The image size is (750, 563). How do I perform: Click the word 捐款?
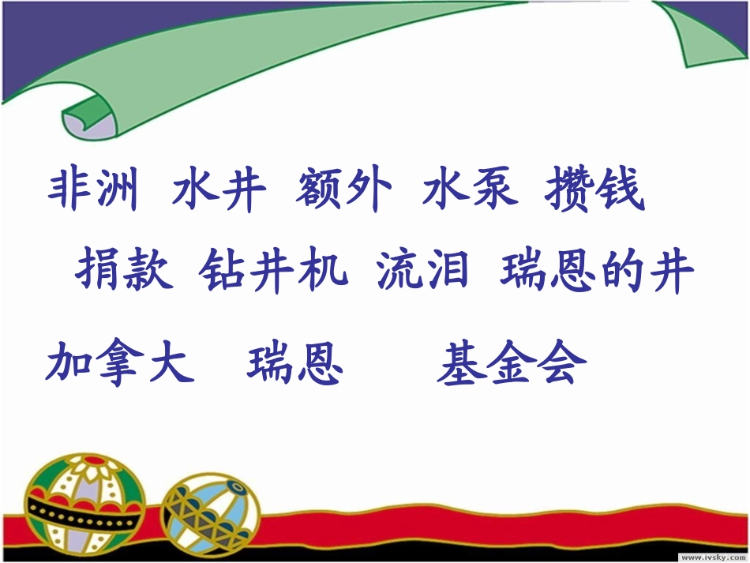pos(124,272)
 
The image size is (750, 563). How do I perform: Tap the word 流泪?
pos(423,272)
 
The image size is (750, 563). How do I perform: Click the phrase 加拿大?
pos(119,363)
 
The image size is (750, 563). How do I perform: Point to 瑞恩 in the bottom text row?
pos(295,363)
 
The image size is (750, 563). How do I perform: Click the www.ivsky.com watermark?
pos(706,555)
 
